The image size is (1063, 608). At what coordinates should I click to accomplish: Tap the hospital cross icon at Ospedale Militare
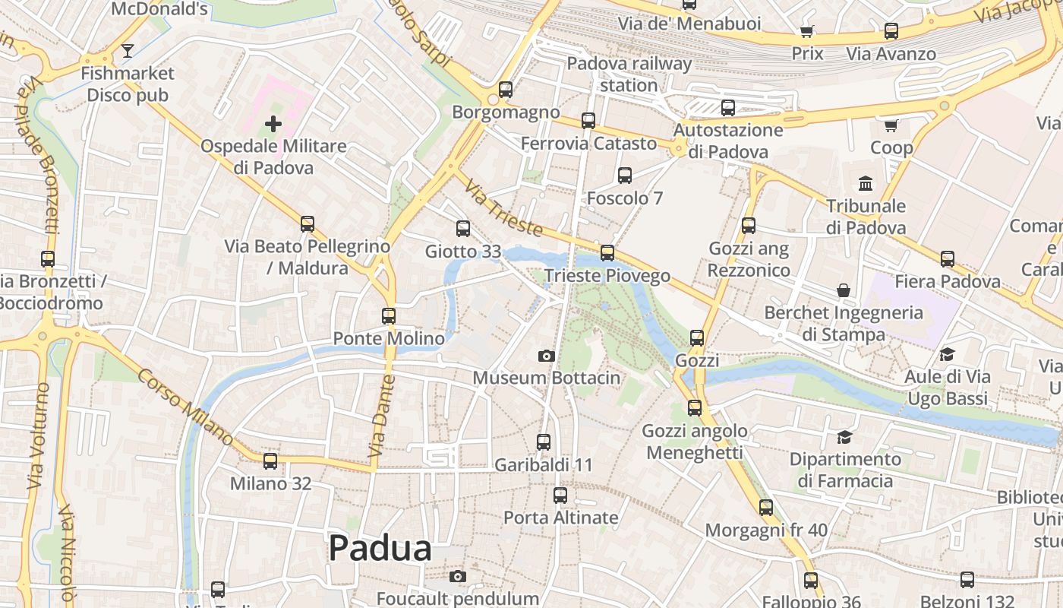[x=273, y=123]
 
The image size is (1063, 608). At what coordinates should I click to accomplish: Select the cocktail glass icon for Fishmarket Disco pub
[x=128, y=51]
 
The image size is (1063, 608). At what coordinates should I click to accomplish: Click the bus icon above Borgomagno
[x=506, y=90]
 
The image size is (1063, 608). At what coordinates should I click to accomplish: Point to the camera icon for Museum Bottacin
[x=546, y=356]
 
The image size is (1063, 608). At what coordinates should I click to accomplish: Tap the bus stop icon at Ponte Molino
[x=389, y=316]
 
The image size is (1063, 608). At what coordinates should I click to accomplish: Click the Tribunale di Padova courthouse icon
[x=866, y=183]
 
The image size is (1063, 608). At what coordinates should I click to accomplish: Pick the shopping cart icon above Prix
[x=807, y=31]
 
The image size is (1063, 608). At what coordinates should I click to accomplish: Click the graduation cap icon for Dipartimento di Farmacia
[x=844, y=437]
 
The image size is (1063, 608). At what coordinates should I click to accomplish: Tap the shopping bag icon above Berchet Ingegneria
[x=844, y=290]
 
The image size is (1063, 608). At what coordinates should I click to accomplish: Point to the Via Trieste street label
[x=503, y=208]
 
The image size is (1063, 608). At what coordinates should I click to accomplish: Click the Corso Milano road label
[x=186, y=407]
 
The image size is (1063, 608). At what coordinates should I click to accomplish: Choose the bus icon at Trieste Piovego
[x=607, y=253]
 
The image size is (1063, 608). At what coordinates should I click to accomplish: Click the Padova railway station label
[x=629, y=74]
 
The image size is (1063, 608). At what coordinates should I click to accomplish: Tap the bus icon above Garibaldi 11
[x=544, y=442]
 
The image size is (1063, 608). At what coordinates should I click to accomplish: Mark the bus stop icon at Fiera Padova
[x=948, y=259]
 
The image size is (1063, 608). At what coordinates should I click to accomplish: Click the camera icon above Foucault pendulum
[x=457, y=576]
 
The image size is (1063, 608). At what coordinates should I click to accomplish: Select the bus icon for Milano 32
[x=270, y=461]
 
